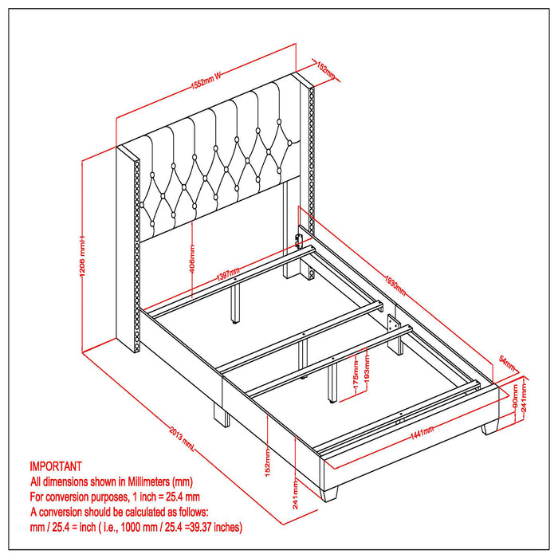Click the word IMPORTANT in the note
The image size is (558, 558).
pyautogui.click(x=56, y=466)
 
